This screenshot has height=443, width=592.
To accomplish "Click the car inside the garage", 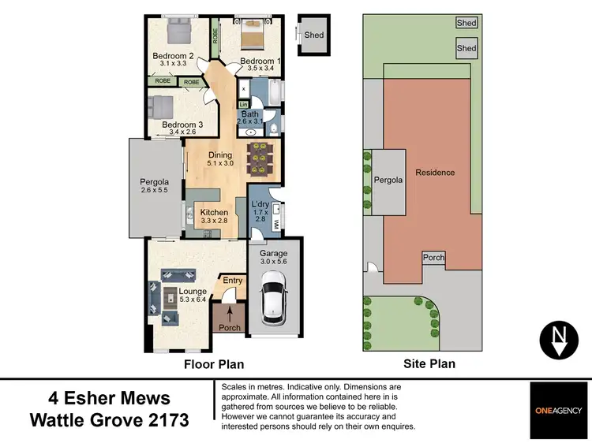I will click(x=273, y=298).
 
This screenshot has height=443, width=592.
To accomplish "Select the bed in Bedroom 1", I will click(x=253, y=38).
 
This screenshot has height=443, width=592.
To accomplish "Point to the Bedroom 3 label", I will click(x=182, y=125).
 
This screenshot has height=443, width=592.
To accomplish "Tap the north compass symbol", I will click(x=559, y=339).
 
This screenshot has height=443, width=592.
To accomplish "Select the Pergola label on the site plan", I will click(x=388, y=180).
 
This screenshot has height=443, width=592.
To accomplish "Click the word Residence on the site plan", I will click(x=435, y=172).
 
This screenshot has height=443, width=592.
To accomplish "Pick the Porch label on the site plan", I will click(x=433, y=258).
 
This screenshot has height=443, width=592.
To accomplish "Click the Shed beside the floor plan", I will click(x=313, y=35).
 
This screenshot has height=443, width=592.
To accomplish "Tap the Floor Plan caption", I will click(x=213, y=364).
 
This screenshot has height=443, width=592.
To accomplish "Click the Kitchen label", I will click(x=214, y=213).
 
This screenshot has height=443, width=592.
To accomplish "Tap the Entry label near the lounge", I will click(x=233, y=281).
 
